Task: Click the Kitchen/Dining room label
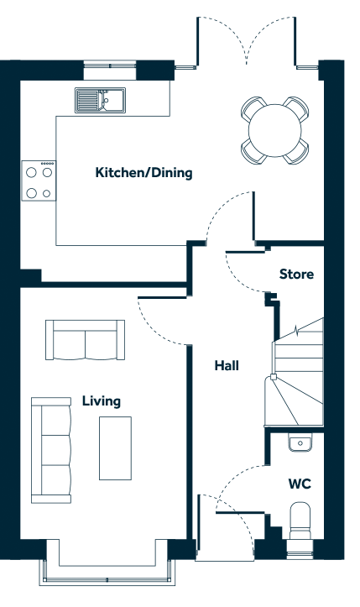pyautogui.click(x=143, y=173)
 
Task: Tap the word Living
pyautogui.click(x=102, y=401)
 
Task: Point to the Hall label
pyautogui.click(x=227, y=365)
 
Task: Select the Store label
pyautogui.click(x=296, y=274)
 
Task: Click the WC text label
pyautogui.click(x=300, y=484)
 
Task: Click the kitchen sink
pyautogui.click(x=100, y=100)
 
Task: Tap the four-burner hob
pyautogui.click(x=39, y=181)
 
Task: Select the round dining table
pyautogui.click(x=275, y=130)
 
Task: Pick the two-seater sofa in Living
pyautogui.click(x=85, y=340)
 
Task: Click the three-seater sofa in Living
pyautogui.click(x=51, y=450)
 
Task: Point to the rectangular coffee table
pyautogui.click(x=115, y=448)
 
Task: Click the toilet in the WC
pyautogui.click(x=300, y=521)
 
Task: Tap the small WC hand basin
pyautogui.click(x=300, y=442)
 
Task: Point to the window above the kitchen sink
pyautogui.click(x=110, y=65)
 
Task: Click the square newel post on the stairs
pyautogui.click(x=274, y=377)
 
